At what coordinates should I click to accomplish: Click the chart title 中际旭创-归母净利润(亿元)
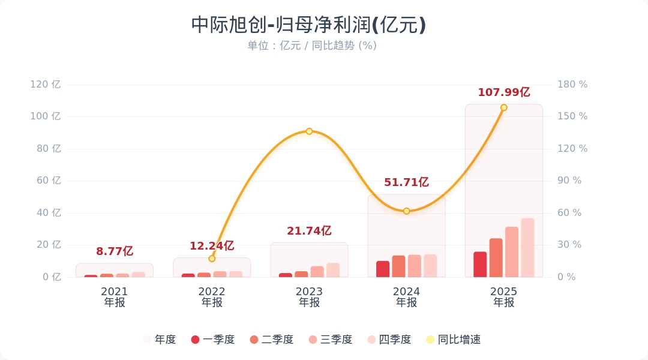coord(308,25)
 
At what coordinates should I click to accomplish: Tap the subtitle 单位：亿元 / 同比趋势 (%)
coord(312,46)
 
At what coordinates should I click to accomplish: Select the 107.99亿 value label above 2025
coord(504,92)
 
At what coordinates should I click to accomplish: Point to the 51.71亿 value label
coord(406,182)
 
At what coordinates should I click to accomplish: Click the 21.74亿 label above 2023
coord(309,231)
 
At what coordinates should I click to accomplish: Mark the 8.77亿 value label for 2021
coord(115,251)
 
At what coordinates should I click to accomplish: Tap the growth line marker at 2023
coord(309,131)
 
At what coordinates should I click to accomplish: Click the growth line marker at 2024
coord(406,211)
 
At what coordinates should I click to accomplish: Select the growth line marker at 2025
coord(504,108)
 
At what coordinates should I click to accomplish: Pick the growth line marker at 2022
coord(212,259)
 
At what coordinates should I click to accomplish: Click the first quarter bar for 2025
coord(480,265)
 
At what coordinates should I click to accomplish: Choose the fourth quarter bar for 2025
coord(527,248)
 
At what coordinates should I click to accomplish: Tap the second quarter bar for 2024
coord(398,266)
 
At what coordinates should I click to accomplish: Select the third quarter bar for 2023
coord(317,272)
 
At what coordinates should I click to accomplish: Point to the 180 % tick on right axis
coord(572,85)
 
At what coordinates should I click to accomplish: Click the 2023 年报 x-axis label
coord(309,297)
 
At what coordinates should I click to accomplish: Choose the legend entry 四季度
coord(389,340)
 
